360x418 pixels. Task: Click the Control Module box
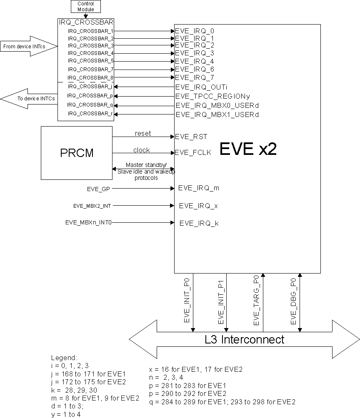pyautogui.click(x=86, y=6)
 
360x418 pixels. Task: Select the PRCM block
pyautogui.click(x=77, y=153)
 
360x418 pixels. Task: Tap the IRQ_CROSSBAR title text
pyautogui.click(x=86, y=22)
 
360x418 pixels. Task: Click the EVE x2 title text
pyautogui.click(x=247, y=149)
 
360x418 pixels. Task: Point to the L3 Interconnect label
pyautogui.click(x=245, y=339)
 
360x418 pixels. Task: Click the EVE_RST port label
pyautogui.click(x=191, y=136)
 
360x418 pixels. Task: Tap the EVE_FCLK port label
pyautogui.click(x=193, y=153)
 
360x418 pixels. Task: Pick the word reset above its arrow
pyautogui.click(x=143, y=133)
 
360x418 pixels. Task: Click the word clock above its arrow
pyautogui.click(x=142, y=150)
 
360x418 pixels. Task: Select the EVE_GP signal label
pyautogui.click(x=99, y=188)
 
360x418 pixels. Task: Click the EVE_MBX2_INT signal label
pyautogui.click(x=92, y=205)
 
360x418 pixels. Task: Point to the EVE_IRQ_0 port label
pyautogui.click(x=195, y=31)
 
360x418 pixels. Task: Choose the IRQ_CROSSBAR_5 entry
pyautogui.click(x=90, y=61)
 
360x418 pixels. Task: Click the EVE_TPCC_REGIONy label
pyautogui.click(x=212, y=96)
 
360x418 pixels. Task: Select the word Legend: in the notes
pyautogui.click(x=64, y=358)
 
